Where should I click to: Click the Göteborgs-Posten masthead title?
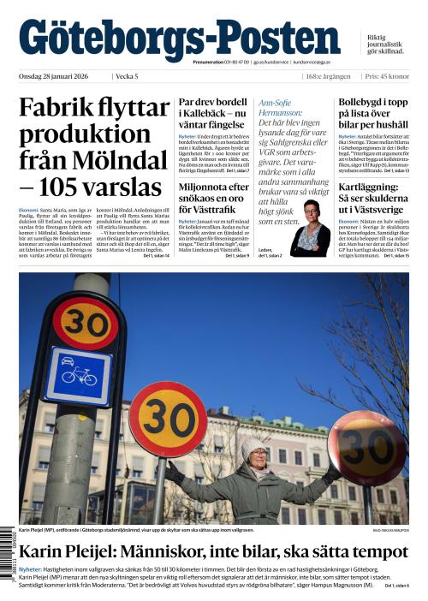coord(179,39)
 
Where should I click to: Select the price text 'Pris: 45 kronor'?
coord(386,76)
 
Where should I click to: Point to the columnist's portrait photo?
coord(310,226)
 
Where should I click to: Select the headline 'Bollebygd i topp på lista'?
coord(373,114)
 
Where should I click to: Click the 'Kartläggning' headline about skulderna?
coord(373,199)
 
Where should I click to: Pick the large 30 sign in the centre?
coord(168,419)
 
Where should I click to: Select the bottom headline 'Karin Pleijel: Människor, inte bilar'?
coord(213,552)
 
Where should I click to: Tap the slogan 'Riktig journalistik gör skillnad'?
coord(385,45)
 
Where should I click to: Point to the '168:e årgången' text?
coord(328,76)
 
